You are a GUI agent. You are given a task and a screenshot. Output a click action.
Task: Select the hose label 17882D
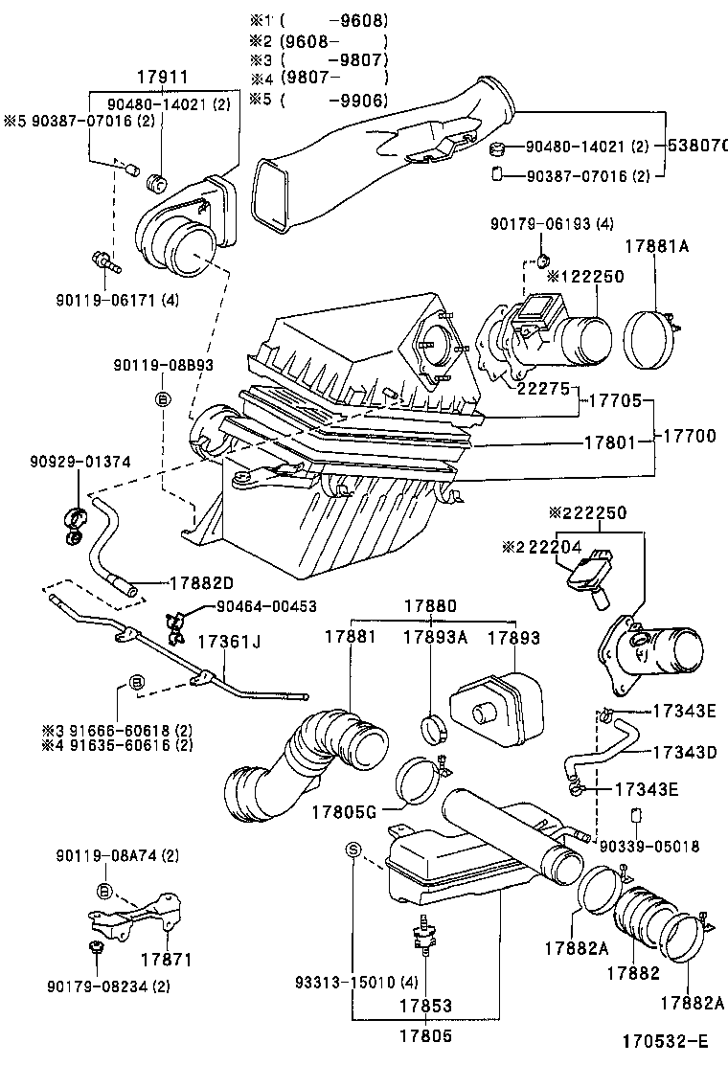pos(201,582)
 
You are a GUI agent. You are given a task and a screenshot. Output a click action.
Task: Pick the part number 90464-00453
pos(265,605)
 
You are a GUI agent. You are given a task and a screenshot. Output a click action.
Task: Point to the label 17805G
pos(343,812)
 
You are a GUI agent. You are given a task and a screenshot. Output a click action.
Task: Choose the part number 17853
pos(427,1007)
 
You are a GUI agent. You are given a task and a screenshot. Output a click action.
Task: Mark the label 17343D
pos(685,752)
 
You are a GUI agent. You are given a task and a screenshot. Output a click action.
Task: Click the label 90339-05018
pos(649,846)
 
